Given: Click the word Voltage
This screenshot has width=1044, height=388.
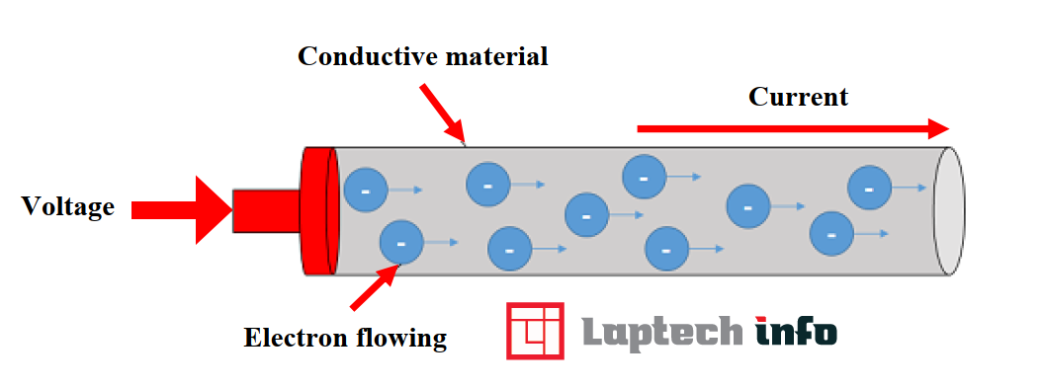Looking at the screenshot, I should point(68,207).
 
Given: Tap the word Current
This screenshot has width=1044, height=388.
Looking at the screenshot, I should point(798,97).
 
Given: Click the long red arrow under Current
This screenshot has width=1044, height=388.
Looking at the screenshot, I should point(792,128).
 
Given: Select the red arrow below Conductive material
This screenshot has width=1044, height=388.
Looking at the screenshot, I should point(442,111).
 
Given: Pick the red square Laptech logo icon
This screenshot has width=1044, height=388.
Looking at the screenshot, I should point(535,330).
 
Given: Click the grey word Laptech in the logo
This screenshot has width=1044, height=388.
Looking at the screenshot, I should point(660,331).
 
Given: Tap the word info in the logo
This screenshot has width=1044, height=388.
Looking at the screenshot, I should point(796,331).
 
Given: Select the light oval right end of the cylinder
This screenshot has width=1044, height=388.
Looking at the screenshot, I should point(949,211).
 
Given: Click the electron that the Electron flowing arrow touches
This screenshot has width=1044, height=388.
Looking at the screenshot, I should point(401,242).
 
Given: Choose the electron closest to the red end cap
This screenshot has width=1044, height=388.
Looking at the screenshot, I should point(365,189).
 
